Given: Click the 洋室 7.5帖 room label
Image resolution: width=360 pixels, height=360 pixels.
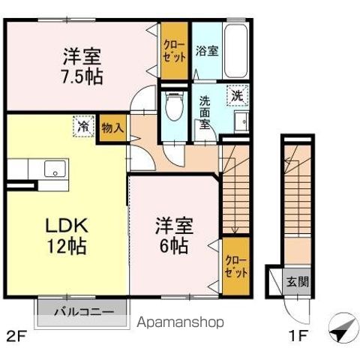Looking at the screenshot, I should pyautogui.click(x=82, y=66).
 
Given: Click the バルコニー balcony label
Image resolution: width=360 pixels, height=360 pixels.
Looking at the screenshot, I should pyautogui.click(x=83, y=311).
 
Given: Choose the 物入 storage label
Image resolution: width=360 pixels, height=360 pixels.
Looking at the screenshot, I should pyautogui.click(x=112, y=127).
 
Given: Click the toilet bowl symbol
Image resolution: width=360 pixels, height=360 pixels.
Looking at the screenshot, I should pyautogui.click(x=175, y=105).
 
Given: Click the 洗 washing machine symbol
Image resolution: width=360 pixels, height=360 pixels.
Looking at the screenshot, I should pyautogui.click(x=236, y=95).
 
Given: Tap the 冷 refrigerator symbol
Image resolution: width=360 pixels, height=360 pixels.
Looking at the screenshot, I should pyautogui.click(x=84, y=127).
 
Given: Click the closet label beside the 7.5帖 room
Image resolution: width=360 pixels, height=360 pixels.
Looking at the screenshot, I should pyautogui.click(x=173, y=50).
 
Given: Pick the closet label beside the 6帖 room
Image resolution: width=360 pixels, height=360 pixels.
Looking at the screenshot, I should pyautogui.click(x=235, y=266).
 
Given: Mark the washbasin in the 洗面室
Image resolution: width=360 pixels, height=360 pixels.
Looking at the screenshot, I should pyautogui.click(x=241, y=121).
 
